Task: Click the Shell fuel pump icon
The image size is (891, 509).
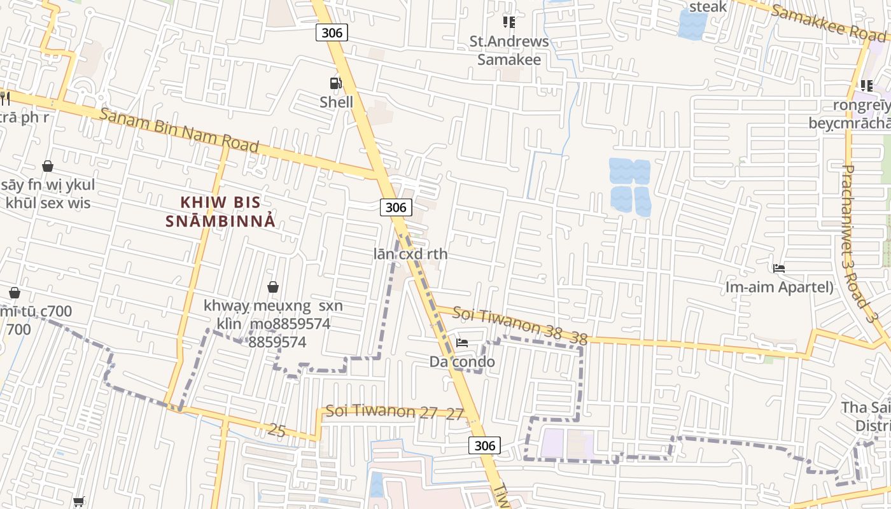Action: point(335,83)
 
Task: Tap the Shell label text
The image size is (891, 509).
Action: point(336,102)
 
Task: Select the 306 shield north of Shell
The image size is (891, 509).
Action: point(332,32)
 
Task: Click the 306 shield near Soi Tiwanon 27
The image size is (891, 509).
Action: point(484,445)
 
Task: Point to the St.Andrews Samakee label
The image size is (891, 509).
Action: point(509,51)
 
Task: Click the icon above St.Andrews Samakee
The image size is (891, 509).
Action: point(509,22)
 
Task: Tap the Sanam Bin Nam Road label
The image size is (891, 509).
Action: point(179,130)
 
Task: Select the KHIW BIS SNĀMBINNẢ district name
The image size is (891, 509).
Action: point(220,212)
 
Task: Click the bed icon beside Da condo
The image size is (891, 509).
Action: point(462,343)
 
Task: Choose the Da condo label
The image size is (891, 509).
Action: point(462,362)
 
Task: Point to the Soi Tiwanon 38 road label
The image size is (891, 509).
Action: point(519,325)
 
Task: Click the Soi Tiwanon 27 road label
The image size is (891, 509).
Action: point(395,412)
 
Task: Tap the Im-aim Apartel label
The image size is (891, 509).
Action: point(779,287)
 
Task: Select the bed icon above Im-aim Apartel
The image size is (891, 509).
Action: point(778,268)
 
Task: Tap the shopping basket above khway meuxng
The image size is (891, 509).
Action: point(273,287)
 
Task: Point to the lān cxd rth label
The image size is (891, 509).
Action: point(410,254)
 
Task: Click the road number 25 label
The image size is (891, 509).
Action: point(277,431)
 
